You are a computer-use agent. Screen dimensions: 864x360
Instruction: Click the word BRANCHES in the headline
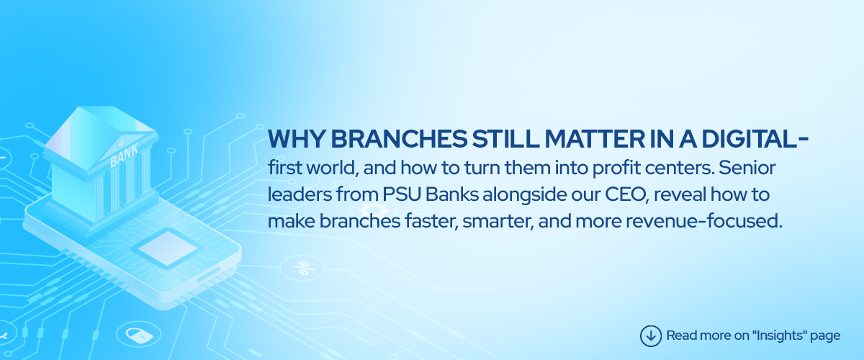(399, 138)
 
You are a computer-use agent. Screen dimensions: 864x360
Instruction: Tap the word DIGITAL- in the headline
(755, 138)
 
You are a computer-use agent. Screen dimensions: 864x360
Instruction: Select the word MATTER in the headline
(595, 138)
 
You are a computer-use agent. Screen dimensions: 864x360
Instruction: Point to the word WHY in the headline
(297, 138)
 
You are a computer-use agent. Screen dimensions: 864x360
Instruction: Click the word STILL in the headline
(505, 138)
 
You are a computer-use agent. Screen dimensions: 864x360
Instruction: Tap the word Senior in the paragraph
(747, 168)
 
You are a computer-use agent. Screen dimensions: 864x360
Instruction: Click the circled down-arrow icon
(651, 336)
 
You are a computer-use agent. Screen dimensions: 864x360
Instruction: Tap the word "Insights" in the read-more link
(779, 335)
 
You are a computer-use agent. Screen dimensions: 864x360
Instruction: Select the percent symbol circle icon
(302, 268)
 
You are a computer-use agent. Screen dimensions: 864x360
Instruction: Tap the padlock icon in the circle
(139, 334)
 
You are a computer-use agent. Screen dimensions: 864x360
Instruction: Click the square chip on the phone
(166, 248)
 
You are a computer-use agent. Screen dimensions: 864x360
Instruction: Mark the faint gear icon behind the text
(374, 210)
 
